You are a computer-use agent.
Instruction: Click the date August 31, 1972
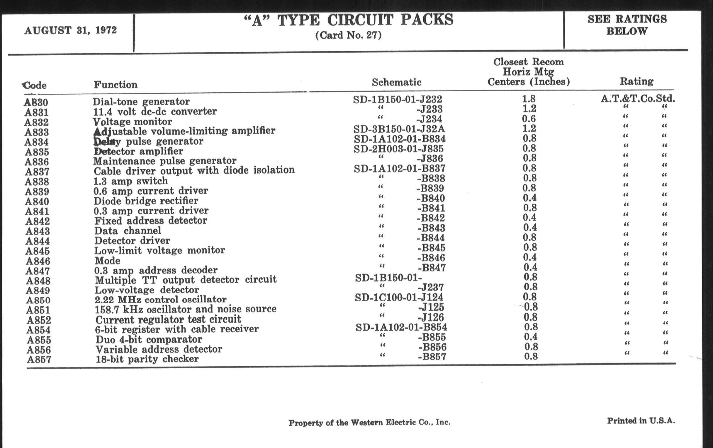tap(70, 30)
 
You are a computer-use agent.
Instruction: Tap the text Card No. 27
tap(348, 35)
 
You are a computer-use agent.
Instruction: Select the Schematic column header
tap(396, 82)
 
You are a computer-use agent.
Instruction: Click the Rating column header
tap(636, 81)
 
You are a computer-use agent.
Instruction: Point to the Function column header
tap(116, 85)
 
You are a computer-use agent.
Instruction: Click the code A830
tap(36, 102)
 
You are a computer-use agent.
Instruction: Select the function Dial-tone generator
tap(141, 101)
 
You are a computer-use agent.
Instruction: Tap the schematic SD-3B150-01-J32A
tap(399, 129)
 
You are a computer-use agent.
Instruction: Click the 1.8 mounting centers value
tap(529, 99)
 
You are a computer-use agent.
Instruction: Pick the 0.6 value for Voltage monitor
tap(529, 119)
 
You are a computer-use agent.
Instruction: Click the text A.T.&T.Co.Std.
tap(638, 98)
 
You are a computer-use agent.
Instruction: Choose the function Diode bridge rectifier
tap(146, 201)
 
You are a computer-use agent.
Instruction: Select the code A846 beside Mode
tap(38, 261)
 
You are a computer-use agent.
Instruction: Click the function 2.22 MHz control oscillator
tap(160, 300)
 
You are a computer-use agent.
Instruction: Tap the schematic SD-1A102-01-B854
tap(401, 327)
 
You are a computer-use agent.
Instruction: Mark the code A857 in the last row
tap(39, 360)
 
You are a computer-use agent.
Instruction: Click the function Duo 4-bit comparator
tap(149, 339)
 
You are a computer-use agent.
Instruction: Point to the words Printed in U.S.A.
tap(641, 421)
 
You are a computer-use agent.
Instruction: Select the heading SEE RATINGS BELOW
tap(627, 25)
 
